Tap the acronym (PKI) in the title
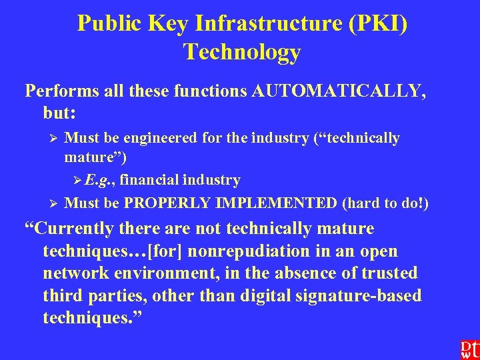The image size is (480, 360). pyautogui.click(x=377, y=24)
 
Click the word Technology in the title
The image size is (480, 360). pyautogui.click(x=241, y=52)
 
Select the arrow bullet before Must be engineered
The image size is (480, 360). pyautogui.click(x=55, y=139)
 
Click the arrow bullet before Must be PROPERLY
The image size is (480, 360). pyautogui.click(x=55, y=203)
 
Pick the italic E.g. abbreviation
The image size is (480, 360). pyautogui.click(x=99, y=180)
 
